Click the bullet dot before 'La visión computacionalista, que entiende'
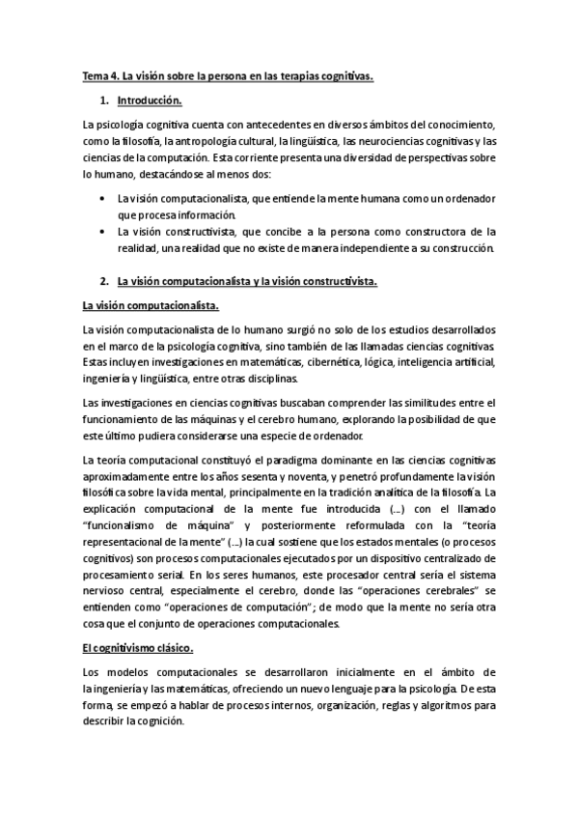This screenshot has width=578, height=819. pos(102,198)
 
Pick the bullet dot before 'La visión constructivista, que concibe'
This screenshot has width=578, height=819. pos(102,232)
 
